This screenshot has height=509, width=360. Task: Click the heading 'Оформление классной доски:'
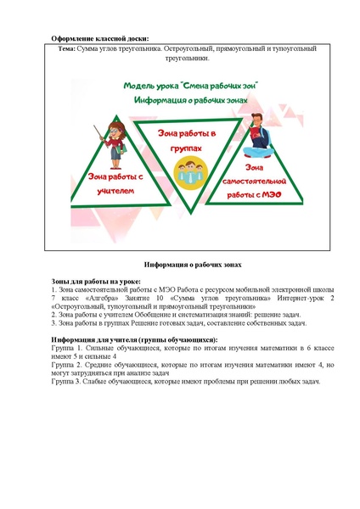[99, 39]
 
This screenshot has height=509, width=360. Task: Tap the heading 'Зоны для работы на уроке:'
[96, 282]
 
